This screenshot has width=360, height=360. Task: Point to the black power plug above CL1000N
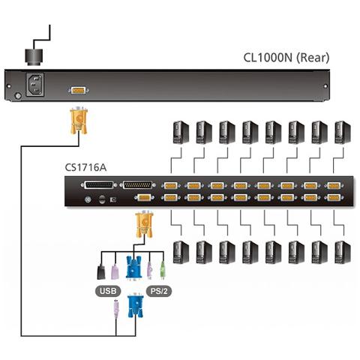[34, 55]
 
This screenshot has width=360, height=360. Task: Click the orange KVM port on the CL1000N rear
[76, 90]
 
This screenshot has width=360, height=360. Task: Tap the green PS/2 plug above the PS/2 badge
[161, 268]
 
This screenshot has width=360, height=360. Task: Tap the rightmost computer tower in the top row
[341, 133]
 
